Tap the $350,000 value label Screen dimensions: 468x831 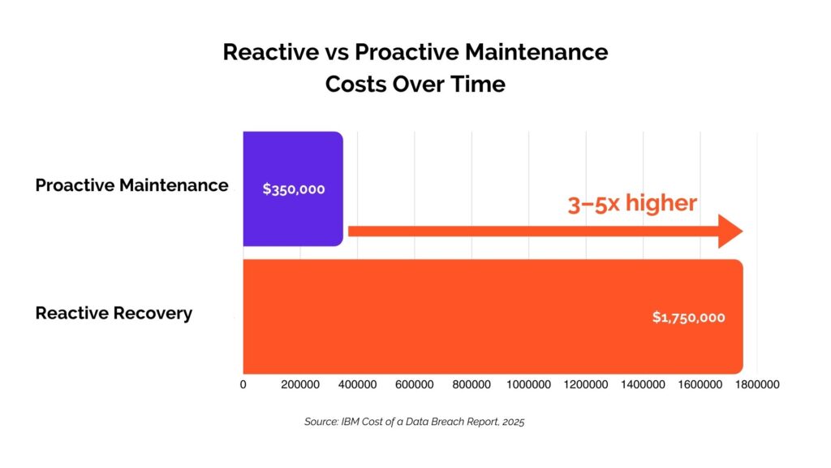coord(294,188)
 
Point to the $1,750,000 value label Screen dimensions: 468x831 coord(688,317)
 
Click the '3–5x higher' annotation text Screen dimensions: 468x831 coord(632,203)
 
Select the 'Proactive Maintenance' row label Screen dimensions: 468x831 coord(131,185)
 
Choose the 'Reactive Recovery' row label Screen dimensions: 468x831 coord(114,313)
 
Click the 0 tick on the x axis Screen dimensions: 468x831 coord(243,384)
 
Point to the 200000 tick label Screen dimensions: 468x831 coord(300,384)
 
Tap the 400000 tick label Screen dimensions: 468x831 coord(357,384)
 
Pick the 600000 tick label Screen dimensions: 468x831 coord(414,384)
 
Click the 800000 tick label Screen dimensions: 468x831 coord(471,384)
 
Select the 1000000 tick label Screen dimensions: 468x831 coord(528,384)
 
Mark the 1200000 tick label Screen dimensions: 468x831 coord(585,384)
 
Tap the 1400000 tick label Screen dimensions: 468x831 coord(642,384)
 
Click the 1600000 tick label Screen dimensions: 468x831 coord(700,384)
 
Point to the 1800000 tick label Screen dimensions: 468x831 coord(756,384)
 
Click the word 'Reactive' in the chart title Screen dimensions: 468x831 coord(268,52)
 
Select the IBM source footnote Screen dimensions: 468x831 coord(415,422)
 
